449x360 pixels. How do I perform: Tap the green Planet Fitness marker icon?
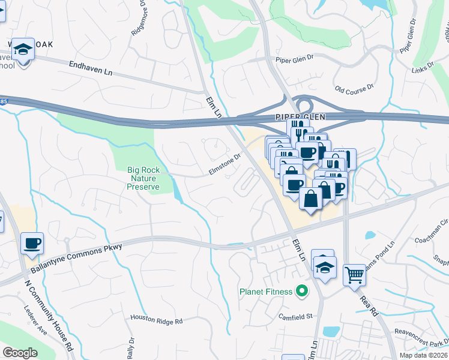(x=302, y=292)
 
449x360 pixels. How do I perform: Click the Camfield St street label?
(x=295, y=316)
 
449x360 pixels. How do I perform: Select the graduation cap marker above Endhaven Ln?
(x=23, y=49)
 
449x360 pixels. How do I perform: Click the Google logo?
(x=20, y=353)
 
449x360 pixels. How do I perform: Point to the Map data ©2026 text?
(x=423, y=355)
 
